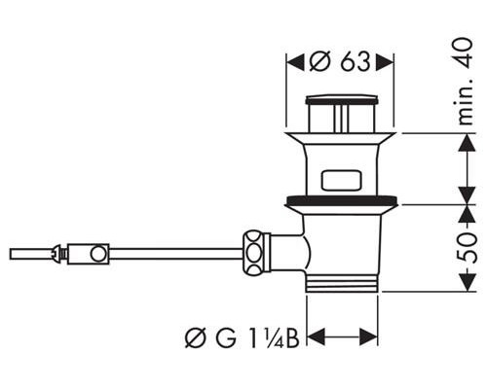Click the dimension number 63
coord(356,61)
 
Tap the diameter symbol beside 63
coord(320,61)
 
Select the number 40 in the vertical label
coord(465,53)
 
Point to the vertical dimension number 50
coord(468,247)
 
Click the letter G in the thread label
coord(225,338)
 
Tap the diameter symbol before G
coord(196,338)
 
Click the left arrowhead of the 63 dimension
coord(295,62)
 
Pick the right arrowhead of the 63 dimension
coord(385,62)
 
